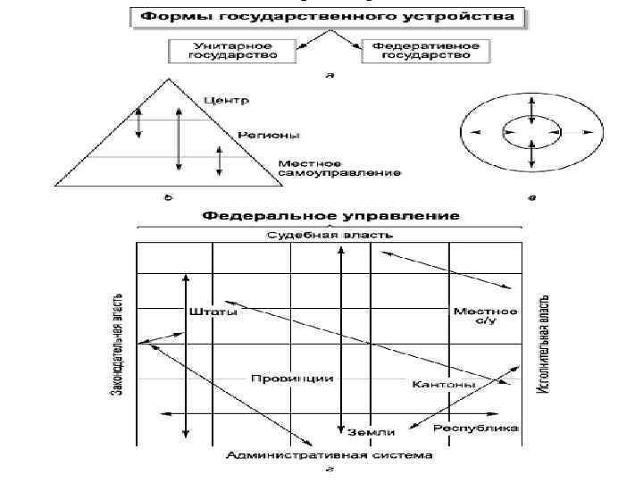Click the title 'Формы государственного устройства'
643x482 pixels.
point(328,17)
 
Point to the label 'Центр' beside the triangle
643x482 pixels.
point(227,99)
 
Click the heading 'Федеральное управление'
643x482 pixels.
point(330,216)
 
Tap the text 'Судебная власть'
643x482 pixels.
point(330,236)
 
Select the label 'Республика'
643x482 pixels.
point(476,428)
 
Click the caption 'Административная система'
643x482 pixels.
point(329,455)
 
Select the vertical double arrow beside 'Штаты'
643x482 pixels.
point(185,357)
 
